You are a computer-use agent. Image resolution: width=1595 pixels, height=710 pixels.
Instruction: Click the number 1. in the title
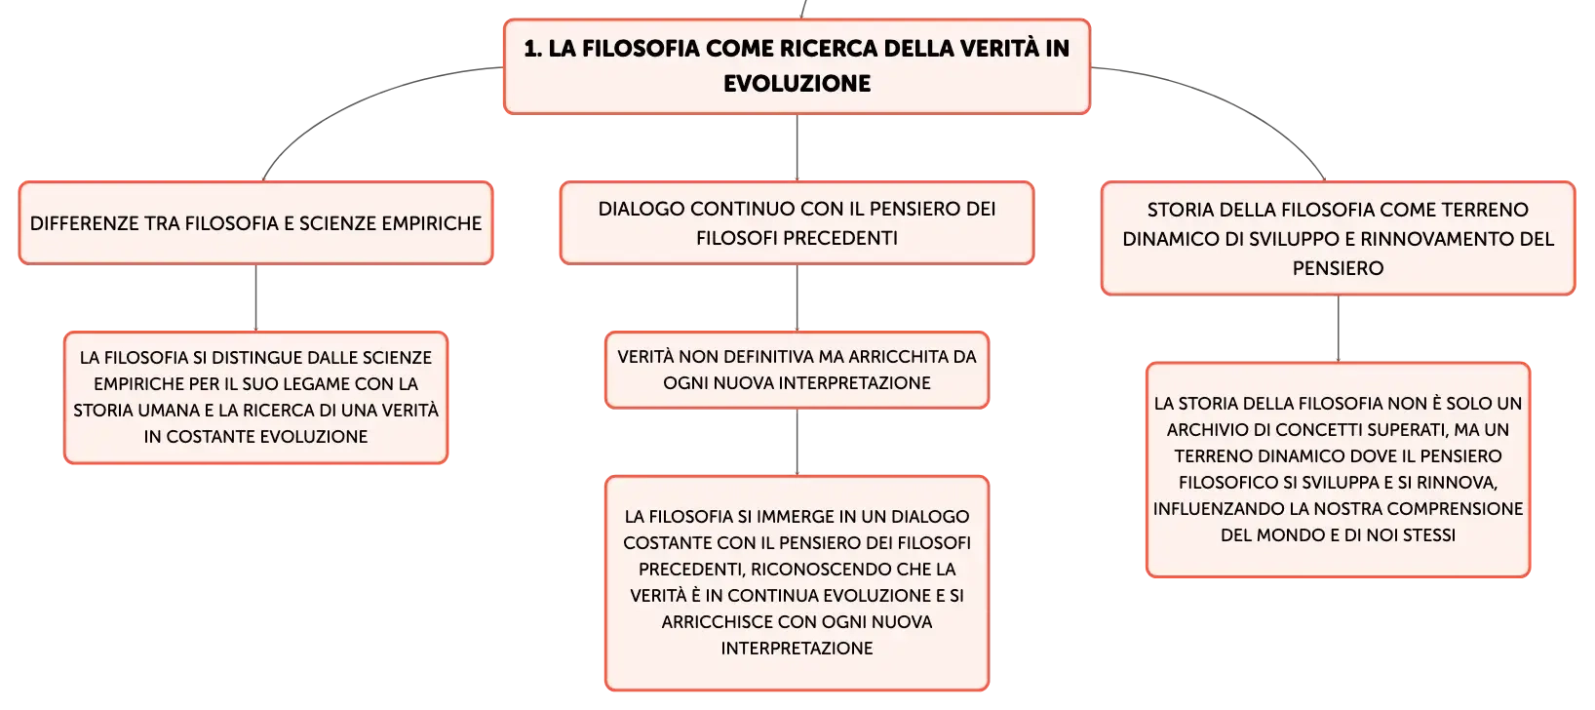point(532,49)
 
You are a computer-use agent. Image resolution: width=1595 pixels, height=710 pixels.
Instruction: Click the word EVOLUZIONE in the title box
point(797,84)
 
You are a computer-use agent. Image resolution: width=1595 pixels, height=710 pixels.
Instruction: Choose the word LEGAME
point(317,384)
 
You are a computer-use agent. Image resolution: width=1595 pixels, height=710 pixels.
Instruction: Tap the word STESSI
point(1427,535)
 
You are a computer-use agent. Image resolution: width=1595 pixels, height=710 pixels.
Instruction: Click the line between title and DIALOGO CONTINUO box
point(797,147)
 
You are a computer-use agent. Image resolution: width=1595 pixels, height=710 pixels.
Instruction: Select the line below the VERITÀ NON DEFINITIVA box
point(797,442)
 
